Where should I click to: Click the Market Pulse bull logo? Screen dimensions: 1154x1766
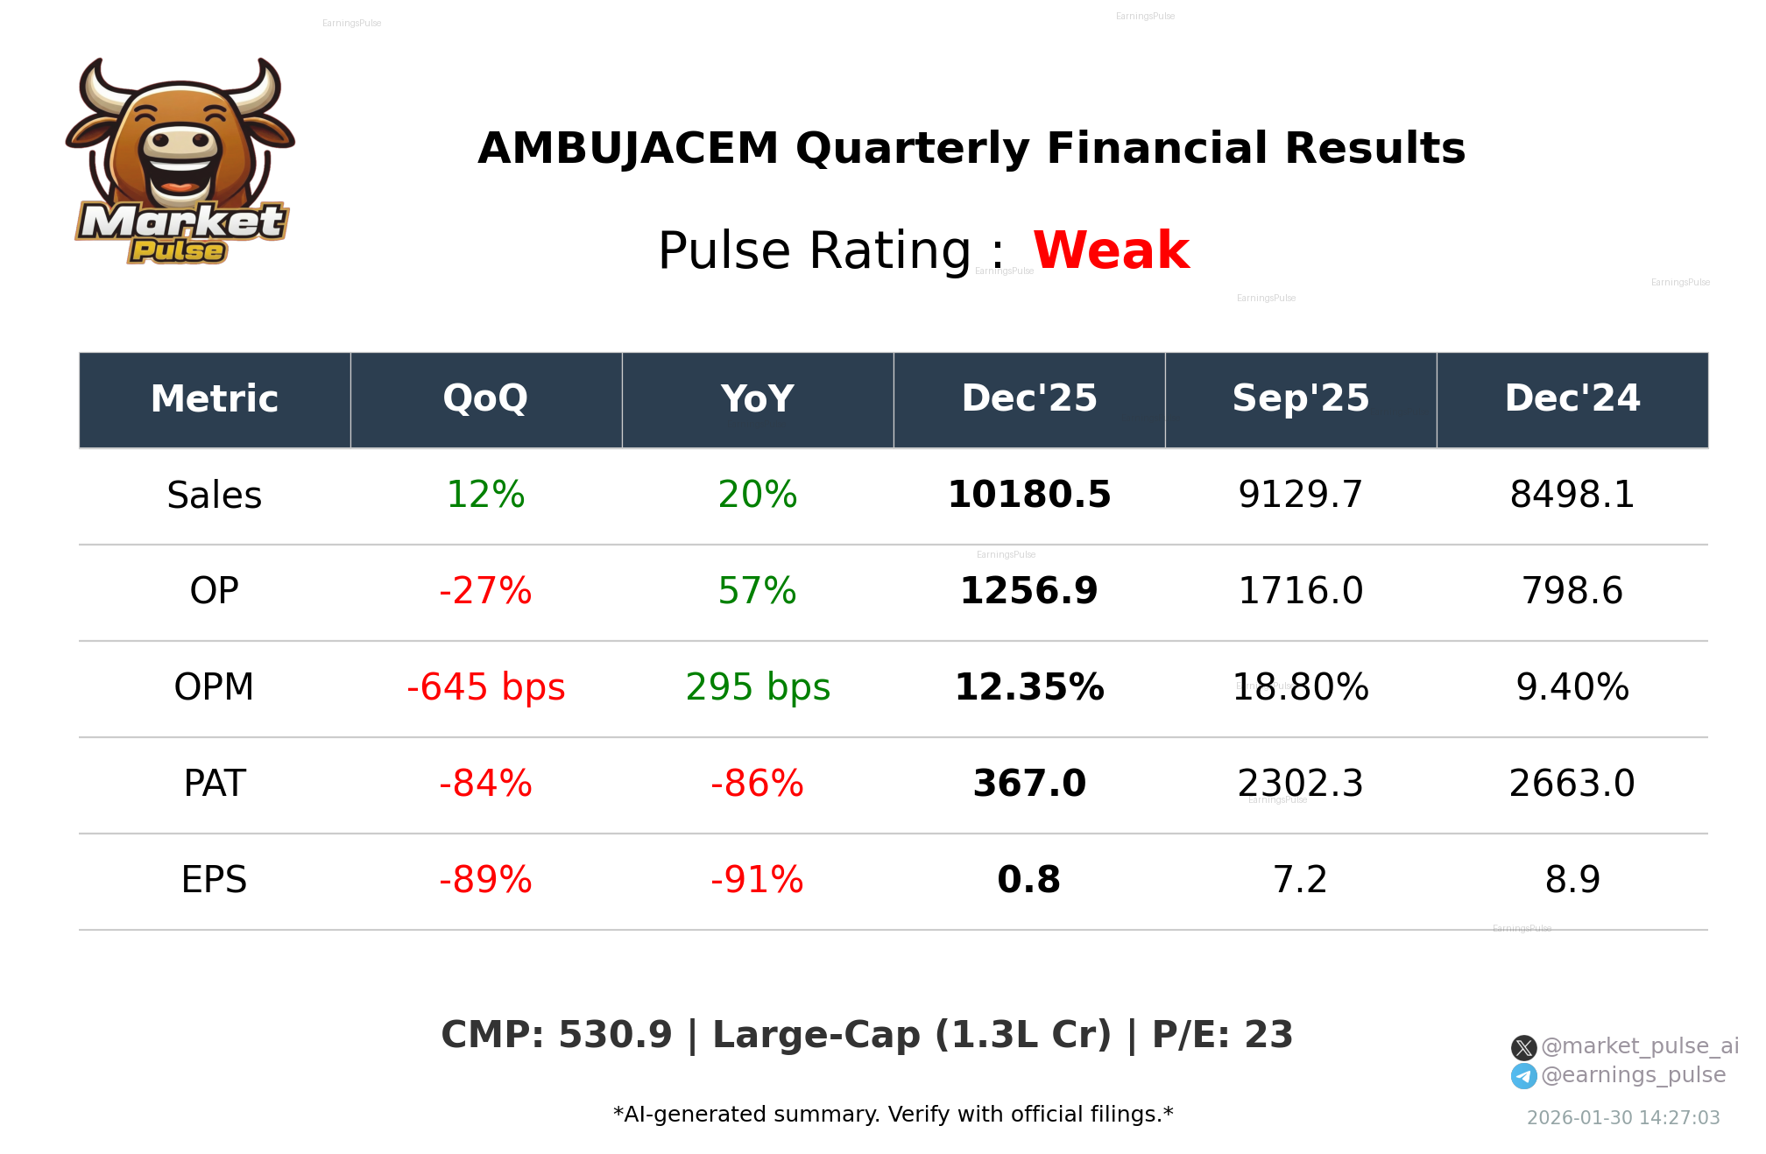pyautogui.click(x=180, y=162)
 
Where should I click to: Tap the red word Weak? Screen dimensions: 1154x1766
pyautogui.click(x=1111, y=250)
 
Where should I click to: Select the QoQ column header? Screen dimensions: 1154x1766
pyautogui.click(x=485, y=399)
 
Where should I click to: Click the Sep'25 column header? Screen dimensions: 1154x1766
pyautogui.click(x=1300, y=399)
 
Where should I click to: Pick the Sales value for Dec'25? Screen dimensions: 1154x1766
pyautogui.click(x=1028, y=495)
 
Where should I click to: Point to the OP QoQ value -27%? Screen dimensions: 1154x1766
pyautogui.click(x=485, y=591)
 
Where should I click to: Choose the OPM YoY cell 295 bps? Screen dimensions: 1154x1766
pyautogui.click(x=757, y=687)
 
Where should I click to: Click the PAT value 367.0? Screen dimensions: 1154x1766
pyautogui.click(x=1028, y=784)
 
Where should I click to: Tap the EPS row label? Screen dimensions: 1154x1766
pyautogui.click(x=214, y=880)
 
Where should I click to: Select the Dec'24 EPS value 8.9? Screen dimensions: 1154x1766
pyautogui.click(x=1572, y=880)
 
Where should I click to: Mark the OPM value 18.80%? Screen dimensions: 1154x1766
pyautogui.click(x=1300, y=687)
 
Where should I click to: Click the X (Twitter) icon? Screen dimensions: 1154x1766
pyautogui.click(x=1523, y=1047)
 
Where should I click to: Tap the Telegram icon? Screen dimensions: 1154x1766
pyautogui.click(x=1523, y=1076)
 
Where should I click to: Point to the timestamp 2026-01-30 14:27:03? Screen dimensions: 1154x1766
pyautogui.click(x=1622, y=1118)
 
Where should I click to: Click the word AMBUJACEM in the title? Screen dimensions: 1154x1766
pyautogui.click(x=627, y=148)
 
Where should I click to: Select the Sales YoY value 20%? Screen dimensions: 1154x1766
pyautogui.click(x=757, y=495)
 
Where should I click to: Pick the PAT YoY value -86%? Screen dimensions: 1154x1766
pyautogui.click(x=757, y=784)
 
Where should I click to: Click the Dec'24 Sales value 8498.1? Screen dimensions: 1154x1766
pyautogui.click(x=1572, y=495)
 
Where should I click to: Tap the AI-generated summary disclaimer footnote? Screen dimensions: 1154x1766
pyautogui.click(x=893, y=1115)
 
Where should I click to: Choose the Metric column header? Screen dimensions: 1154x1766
pyautogui.click(x=214, y=399)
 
